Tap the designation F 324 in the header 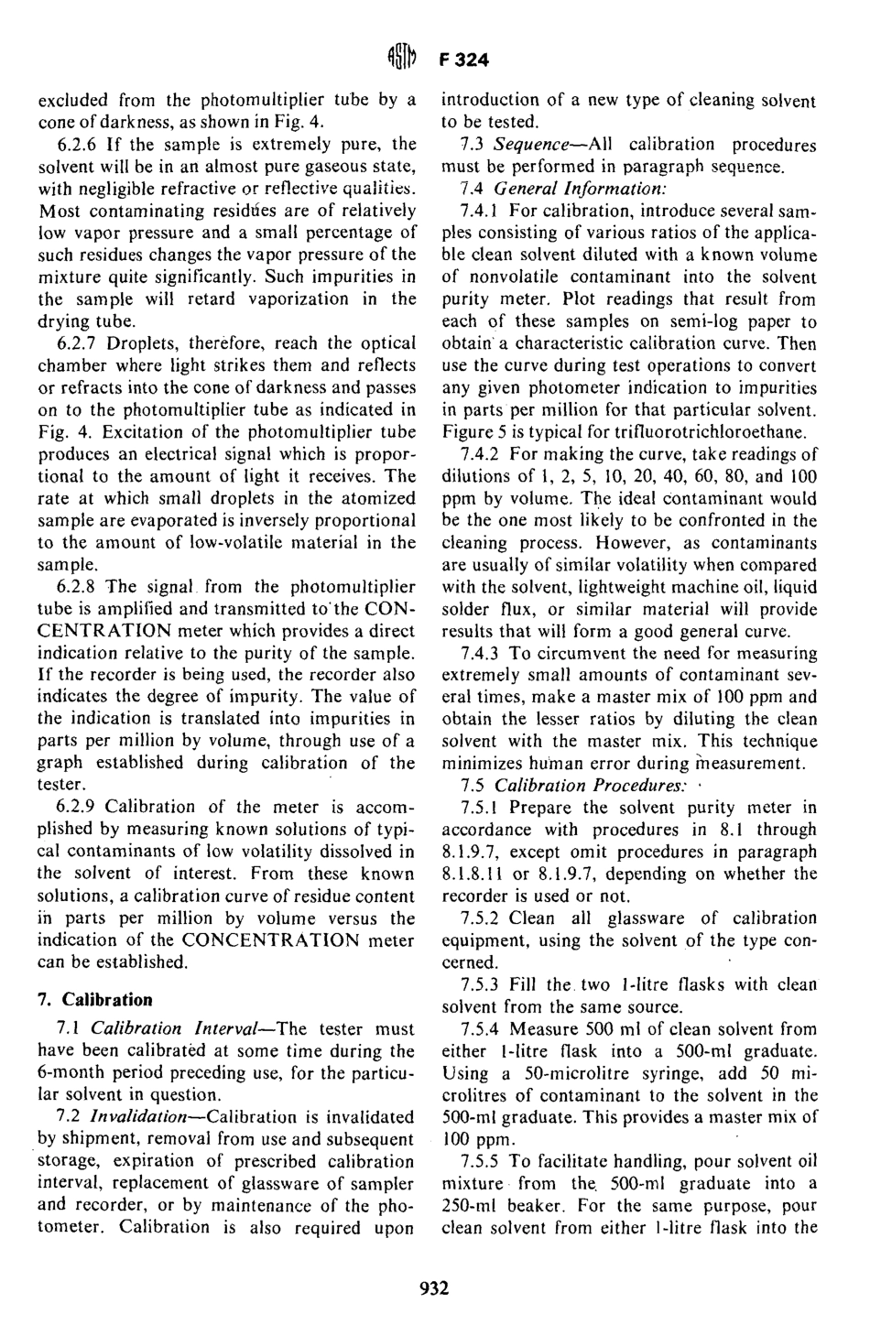point(466,60)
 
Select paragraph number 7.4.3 point(481,653)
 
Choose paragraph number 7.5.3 point(481,984)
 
